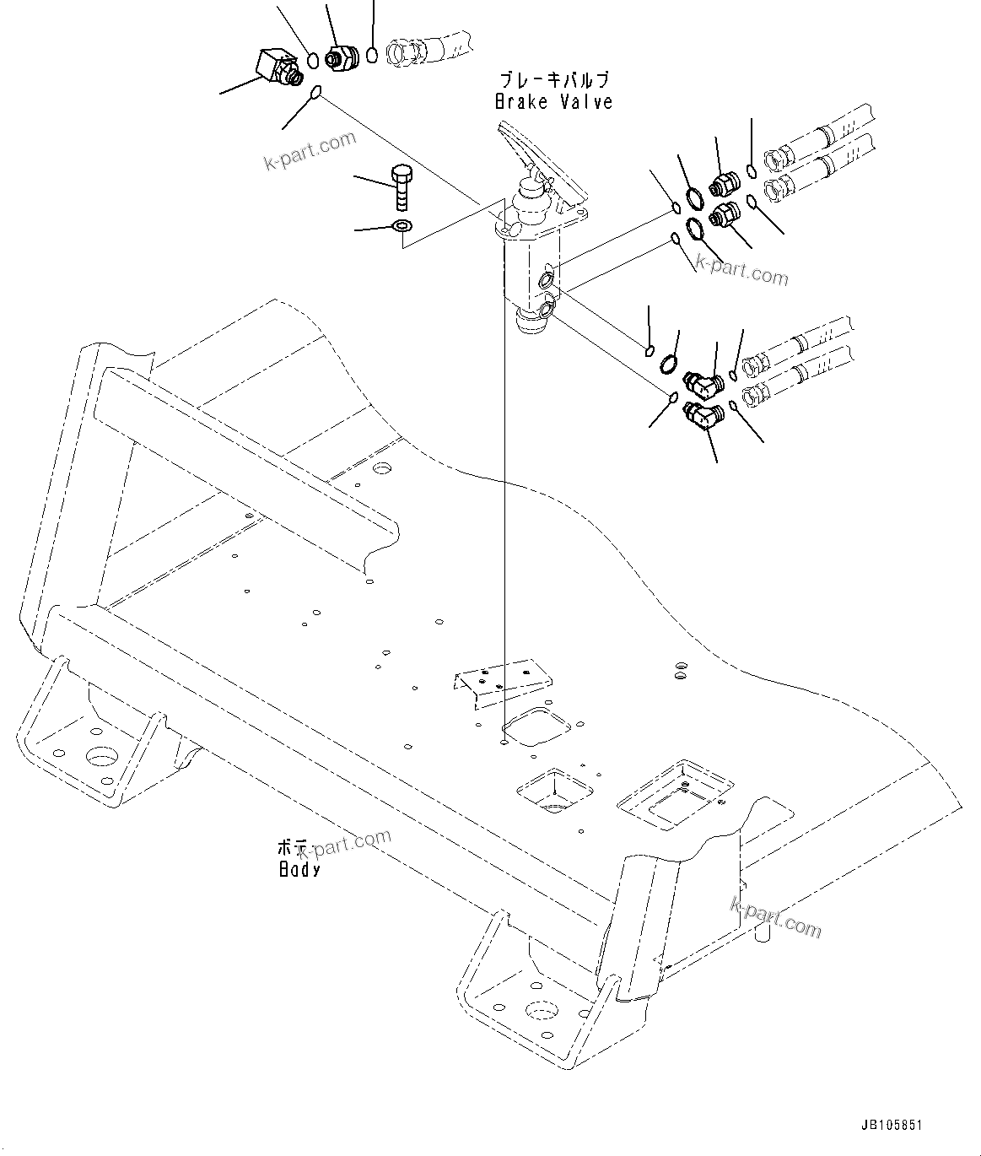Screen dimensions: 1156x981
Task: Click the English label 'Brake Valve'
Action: pyautogui.click(x=553, y=102)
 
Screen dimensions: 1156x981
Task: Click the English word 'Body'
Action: pyautogui.click(x=299, y=869)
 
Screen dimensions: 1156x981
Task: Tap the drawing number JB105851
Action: pyautogui.click(x=892, y=1126)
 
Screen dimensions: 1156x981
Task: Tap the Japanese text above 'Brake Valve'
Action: pyautogui.click(x=552, y=81)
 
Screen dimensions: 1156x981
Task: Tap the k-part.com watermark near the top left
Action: pyautogui.click(x=310, y=151)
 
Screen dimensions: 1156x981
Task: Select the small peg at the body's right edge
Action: pyautogui.click(x=763, y=932)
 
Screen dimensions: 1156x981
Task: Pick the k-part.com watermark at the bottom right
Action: pyautogui.click(x=774, y=917)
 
